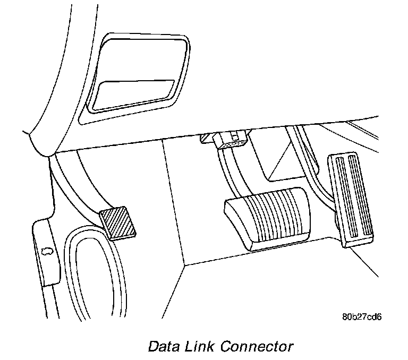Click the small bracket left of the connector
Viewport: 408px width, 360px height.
(206, 139)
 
